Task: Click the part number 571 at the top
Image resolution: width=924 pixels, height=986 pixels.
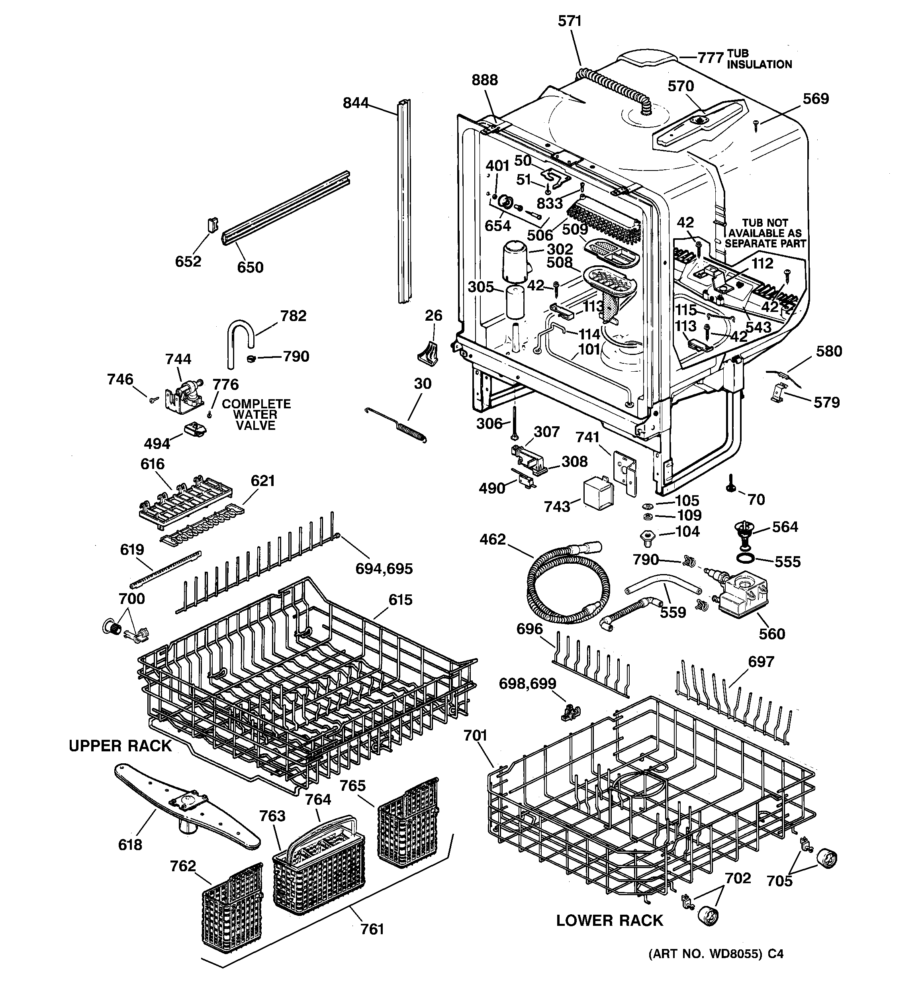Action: click(x=570, y=22)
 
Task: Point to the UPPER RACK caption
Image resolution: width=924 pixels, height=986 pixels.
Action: click(x=120, y=746)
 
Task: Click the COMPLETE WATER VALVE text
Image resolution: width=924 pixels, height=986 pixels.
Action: click(x=256, y=415)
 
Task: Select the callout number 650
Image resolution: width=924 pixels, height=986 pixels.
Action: click(x=250, y=267)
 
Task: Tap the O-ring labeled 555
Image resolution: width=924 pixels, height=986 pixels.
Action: click(x=746, y=559)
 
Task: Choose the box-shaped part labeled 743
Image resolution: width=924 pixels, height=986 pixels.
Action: click(x=598, y=494)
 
